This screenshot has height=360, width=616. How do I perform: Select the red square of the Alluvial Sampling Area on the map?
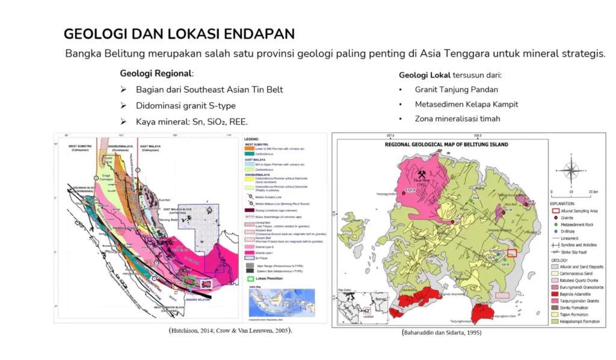coord(512,253)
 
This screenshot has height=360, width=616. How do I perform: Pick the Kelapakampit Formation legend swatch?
coord(555,322)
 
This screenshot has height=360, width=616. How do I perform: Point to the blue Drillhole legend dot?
coord(555,230)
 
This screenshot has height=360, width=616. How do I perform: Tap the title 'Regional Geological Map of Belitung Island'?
coord(446,144)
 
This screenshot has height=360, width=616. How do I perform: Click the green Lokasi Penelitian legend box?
coord(250,279)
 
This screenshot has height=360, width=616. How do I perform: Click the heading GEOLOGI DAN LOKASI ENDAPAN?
coord(179,34)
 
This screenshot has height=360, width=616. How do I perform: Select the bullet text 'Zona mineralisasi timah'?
coord(457,119)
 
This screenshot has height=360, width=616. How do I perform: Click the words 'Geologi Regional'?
coord(156,73)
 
